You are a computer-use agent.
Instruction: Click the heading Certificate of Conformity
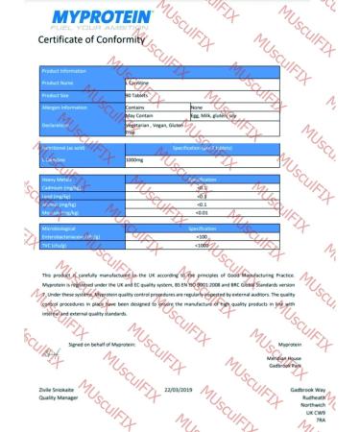92,42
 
